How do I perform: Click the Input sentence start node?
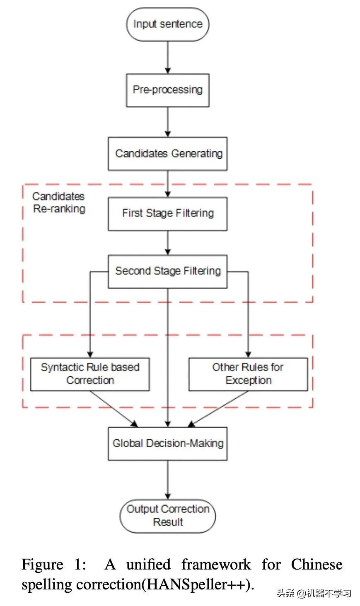[167, 24]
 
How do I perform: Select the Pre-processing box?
[167, 90]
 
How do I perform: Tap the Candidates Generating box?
[167, 154]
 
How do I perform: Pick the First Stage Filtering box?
[167, 213]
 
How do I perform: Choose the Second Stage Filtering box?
[167, 271]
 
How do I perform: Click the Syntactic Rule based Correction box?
[90, 374]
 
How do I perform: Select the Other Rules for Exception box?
[248, 374]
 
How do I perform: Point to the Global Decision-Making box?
[167, 444]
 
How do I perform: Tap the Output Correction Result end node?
[167, 516]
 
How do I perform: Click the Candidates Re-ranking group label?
[58, 202]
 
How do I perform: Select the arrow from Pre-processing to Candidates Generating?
[167, 122]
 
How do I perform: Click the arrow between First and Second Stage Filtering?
[167, 243]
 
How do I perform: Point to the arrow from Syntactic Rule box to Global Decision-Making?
[114, 409]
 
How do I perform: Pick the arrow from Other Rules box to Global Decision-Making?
[220, 409]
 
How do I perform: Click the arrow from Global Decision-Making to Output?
[167, 480]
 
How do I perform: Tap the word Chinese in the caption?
[317, 565]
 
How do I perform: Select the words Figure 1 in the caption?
[54, 565]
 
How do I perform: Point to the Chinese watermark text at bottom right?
[314, 593]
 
